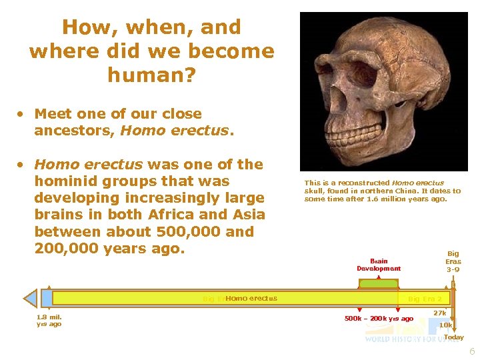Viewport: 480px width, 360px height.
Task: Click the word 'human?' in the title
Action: click(x=152, y=75)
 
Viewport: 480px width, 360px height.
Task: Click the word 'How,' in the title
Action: click(x=83, y=27)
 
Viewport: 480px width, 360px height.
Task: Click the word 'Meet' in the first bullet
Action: click(x=53, y=114)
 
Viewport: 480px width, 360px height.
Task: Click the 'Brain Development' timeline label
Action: click(x=379, y=265)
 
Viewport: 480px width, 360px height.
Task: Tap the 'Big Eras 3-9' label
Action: click(x=453, y=261)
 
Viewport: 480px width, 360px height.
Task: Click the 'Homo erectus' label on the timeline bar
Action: click(x=251, y=298)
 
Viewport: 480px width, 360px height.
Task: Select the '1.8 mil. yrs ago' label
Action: click(x=49, y=321)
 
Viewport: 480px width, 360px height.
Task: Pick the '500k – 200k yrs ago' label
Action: click(x=379, y=319)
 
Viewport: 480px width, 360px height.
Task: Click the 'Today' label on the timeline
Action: click(x=454, y=337)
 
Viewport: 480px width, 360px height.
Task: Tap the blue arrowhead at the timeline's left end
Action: click(x=31, y=298)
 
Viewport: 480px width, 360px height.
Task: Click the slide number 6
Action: click(x=472, y=351)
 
